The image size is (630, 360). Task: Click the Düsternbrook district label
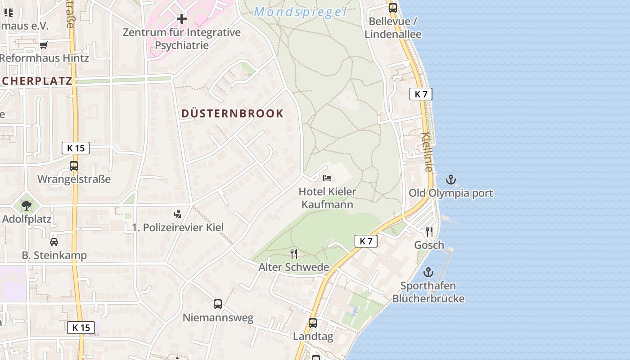[232, 113]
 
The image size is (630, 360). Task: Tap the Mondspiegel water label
[300, 12]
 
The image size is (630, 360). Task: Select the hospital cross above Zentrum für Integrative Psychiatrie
[182, 19]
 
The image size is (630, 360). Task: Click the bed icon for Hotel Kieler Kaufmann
[327, 178]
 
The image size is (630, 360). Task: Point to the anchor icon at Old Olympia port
[450, 180]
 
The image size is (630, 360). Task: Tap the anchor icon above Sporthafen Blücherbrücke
[428, 272]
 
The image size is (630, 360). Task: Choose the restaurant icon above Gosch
[429, 232]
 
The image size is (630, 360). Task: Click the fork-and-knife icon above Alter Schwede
[294, 254]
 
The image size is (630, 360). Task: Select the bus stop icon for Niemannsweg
[218, 304]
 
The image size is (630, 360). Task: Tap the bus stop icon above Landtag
[313, 323]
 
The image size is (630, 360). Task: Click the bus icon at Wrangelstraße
[74, 166]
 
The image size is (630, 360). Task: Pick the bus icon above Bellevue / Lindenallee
[393, 8]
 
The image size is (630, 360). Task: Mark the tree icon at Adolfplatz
[27, 206]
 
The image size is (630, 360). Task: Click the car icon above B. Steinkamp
[54, 242]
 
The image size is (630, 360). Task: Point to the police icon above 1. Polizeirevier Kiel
[178, 214]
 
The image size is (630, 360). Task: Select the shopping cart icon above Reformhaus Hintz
[44, 45]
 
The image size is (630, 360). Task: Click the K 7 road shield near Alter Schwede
[366, 241]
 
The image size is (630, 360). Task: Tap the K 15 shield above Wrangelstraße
[76, 148]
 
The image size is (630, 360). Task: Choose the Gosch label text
[429, 245]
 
